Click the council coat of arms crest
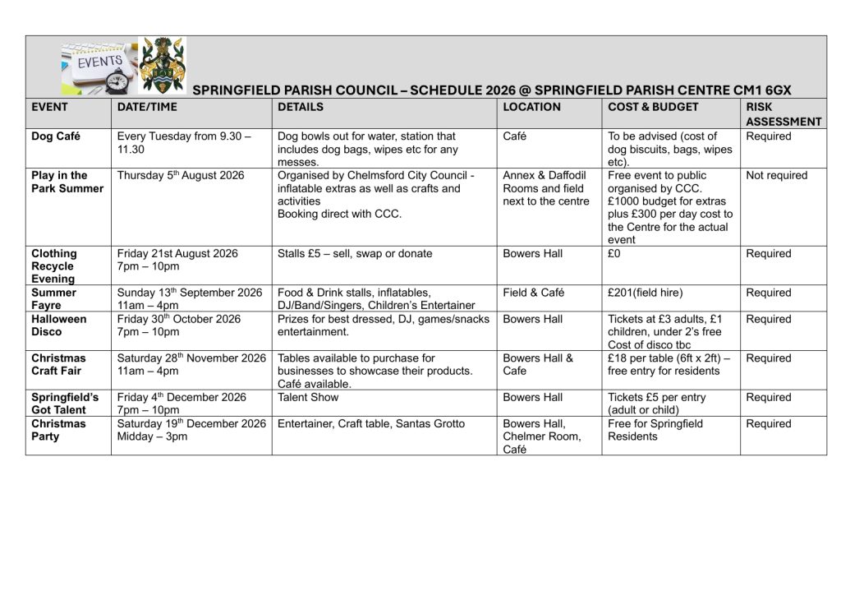click(163, 65)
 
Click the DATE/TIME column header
click(147, 107)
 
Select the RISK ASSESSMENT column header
click(783, 114)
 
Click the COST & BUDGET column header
click(653, 107)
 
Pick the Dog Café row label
click(56, 136)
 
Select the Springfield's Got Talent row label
click(65, 404)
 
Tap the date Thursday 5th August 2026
click(181, 176)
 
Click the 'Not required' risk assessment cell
click(776, 176)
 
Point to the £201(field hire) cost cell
click(645, 293)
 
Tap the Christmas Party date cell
click(191, 430)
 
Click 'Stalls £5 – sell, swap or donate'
click(355, 254)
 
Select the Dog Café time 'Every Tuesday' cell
click(184, 143)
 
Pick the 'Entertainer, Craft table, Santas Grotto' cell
click(371, 424)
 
